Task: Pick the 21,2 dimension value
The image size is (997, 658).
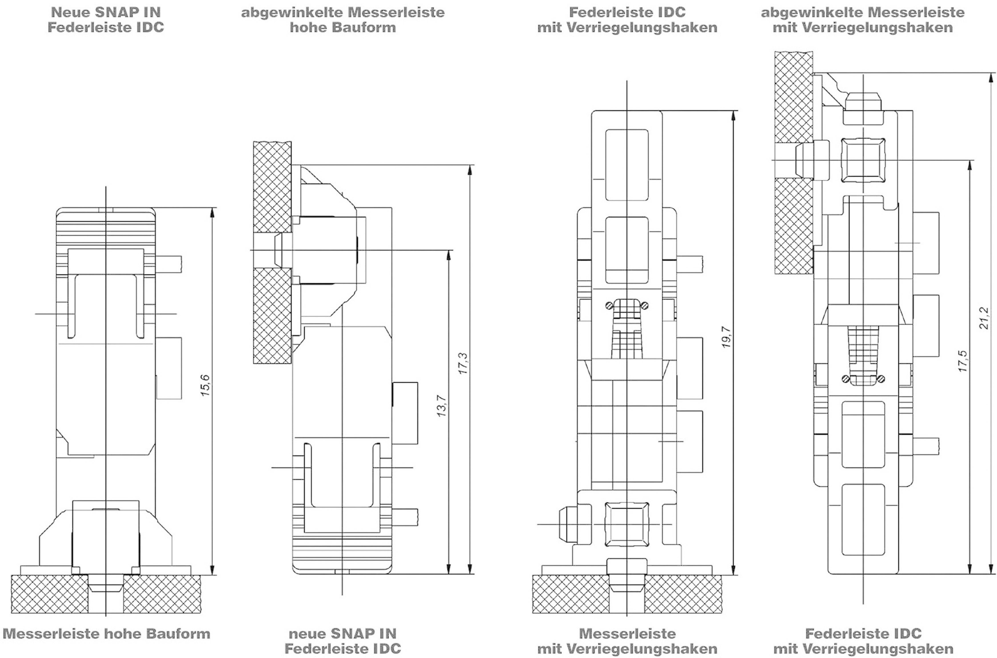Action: (984, 318)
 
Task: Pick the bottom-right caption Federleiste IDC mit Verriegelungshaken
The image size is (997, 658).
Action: (863, 641)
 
